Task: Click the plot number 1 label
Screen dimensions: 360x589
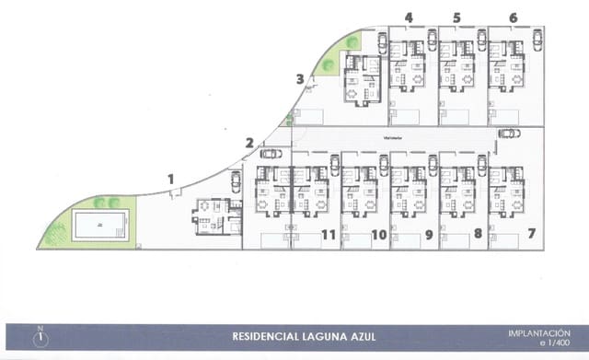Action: coord(170,179)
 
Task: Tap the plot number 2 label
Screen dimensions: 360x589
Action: coord(249,142)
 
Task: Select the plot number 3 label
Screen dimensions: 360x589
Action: coord(300,79)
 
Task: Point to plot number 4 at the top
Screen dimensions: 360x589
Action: coord(409,17)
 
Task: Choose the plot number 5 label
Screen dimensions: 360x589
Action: coord(456,17)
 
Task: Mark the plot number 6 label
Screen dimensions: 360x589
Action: coord(513,17)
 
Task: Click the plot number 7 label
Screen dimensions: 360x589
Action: coord(531,234)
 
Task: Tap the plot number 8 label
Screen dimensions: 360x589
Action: coord(478,234)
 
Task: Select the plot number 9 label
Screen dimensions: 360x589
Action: coord(428,235)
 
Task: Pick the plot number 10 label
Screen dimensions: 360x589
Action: coord(378,235)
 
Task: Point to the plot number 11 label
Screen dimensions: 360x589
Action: coord(329,235)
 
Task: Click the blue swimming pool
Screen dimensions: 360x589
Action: coord(99,225)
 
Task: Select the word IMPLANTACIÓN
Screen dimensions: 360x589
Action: coord(539,332)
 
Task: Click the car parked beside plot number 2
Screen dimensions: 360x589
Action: coord(271,154)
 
